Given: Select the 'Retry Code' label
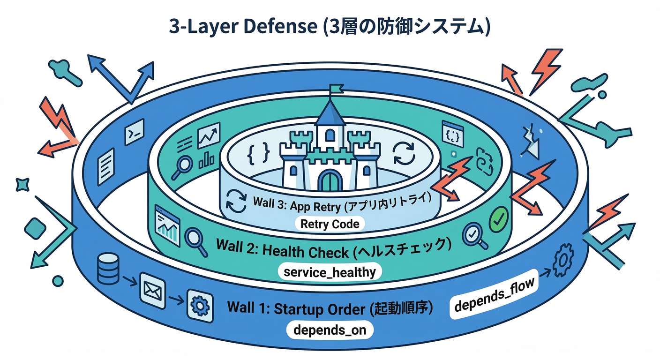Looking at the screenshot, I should coord(330,224).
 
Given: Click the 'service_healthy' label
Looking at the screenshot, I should coord(329,272).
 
